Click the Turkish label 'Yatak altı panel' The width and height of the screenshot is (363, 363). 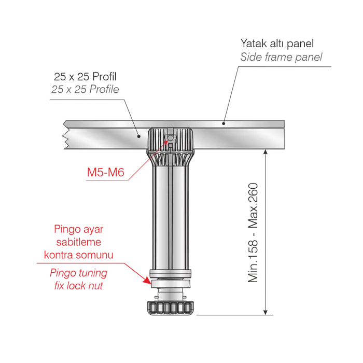[x=277, y=44]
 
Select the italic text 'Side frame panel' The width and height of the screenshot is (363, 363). [x=281, y=57]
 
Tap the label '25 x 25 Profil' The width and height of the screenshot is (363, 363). [x=85, y=77]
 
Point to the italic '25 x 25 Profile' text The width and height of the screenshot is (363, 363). [x=85, y=89]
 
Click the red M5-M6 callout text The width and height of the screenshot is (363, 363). [x=106, y=172]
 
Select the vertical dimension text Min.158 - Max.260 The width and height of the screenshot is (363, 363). [x=253, y=233]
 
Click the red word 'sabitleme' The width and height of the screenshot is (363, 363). [x=78, y=242]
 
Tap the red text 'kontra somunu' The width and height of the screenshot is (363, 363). [x=78, y=255]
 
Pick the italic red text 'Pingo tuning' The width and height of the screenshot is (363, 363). [x=78, y=273]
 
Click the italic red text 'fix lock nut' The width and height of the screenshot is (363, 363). [x=78, y=286]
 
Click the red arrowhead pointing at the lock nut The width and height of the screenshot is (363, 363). [x=147, y=281]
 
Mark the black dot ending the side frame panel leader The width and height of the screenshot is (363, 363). [x=224, y=123]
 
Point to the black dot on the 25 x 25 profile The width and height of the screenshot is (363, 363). [x=138, y=136]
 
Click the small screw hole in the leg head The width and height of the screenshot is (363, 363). [x=171, y=138]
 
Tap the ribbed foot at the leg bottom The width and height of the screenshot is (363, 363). [x=171, y=308]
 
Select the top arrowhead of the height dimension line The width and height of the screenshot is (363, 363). [x=266, y=152]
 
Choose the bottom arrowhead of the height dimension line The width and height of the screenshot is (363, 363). [x=266, y=312]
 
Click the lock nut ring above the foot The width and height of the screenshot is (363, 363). [x=171, y=284]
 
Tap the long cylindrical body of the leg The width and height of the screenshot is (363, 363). [x=171, y=218]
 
